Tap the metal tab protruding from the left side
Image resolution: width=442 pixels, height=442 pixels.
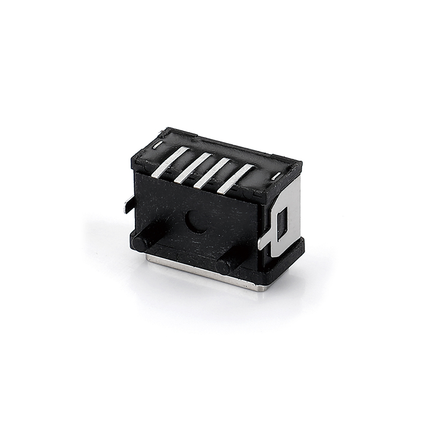pos(129,204)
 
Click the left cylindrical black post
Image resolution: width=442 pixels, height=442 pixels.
pos(141,241)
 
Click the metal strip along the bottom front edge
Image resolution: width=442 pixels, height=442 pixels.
pos(193,271)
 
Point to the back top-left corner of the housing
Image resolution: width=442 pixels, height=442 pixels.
pos(164,131)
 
